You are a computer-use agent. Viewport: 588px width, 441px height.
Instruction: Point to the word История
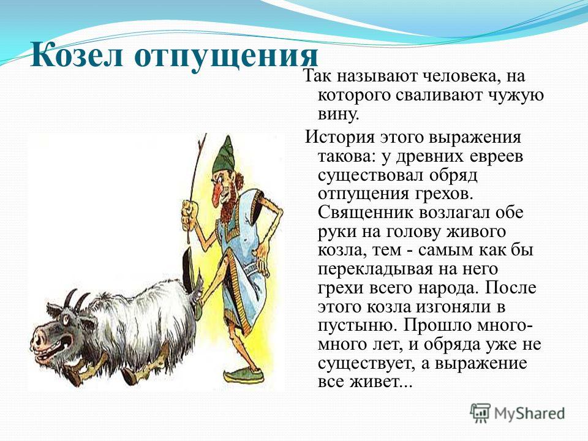[x=340, y=137]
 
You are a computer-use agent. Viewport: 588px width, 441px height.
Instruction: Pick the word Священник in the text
[x=365, y=213]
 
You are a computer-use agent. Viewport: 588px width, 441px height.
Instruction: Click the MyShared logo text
[x=529, y=413]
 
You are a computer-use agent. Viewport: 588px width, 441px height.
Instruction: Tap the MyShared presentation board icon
[x=480, y=413]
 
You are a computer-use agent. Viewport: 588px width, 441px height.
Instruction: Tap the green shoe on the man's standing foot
[x=243, y=375]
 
